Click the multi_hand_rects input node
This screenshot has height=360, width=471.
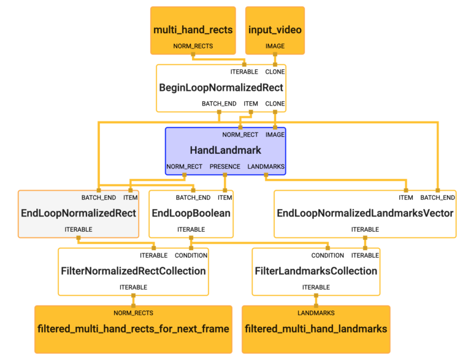[x=193, y=30]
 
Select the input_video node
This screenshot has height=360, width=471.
[x=275, y=30]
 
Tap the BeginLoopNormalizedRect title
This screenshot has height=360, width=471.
[x=221, y=88]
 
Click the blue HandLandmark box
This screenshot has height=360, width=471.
[x=225, y=150]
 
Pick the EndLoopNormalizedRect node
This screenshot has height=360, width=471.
[x=78, y=213]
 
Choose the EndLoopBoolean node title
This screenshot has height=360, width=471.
[x=191, y=213]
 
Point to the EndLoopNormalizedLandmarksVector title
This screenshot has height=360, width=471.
[x=365, y=213]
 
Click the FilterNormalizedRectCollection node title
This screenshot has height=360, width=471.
[x=133, y=270]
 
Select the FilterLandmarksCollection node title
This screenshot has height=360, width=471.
[x=316, y=270]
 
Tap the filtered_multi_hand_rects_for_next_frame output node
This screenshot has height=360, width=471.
[x=133, y=329]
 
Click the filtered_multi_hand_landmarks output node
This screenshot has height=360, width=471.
[x=316, y=329]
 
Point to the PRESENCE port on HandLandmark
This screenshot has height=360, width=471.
[x=225, y=166]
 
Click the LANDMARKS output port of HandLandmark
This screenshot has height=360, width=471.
[x=266, y=166]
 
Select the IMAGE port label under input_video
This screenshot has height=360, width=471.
[x=275, y=46]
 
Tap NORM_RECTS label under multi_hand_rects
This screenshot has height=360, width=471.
[x=193, y=46]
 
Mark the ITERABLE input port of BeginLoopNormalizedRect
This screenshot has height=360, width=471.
[x=244, y=72]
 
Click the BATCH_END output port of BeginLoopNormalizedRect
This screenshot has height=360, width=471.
[x=219, y=104]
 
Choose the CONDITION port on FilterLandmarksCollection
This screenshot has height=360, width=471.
[x=327, y=255]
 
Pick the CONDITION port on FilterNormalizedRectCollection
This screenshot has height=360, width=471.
[x=191, y=255]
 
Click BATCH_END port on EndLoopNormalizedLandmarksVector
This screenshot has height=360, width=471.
[x=437, y=197]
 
